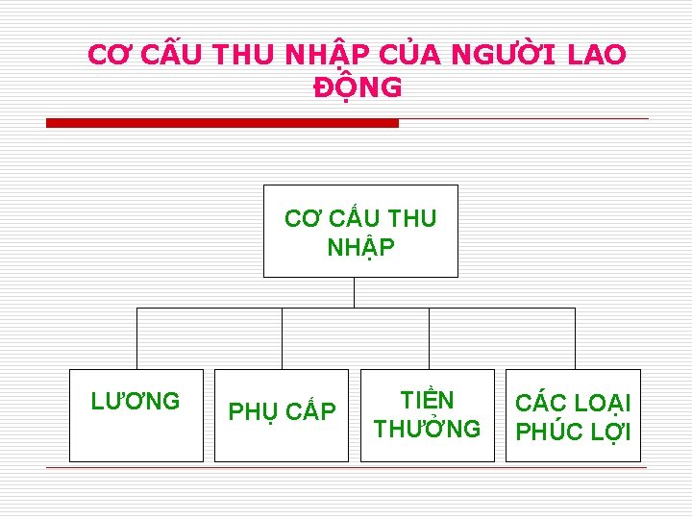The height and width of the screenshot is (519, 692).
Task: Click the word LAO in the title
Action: point(597,56)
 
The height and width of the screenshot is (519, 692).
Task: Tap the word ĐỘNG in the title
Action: point(358,87)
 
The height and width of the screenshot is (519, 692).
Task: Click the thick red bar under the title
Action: point(222,123)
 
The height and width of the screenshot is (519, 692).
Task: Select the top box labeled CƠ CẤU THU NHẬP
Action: point(360,231)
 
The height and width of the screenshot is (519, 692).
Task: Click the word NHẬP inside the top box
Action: point(360,248)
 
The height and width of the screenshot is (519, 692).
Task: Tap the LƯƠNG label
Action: point(136,401)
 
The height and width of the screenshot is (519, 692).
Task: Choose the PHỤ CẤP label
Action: point(282,412)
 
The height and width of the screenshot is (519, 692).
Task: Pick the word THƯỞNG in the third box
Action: point(427,429)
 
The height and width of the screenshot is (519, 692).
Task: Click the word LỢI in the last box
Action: point(609,432)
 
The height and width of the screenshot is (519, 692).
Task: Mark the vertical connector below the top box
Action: point(355,292)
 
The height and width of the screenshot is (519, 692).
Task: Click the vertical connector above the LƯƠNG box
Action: point(136,338)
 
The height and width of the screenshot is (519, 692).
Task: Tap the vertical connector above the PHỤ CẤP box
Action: point(282,338)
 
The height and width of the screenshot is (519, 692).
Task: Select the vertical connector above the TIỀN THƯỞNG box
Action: point(429,338)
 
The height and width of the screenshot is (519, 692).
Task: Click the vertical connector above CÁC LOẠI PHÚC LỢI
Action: point(575,338)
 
